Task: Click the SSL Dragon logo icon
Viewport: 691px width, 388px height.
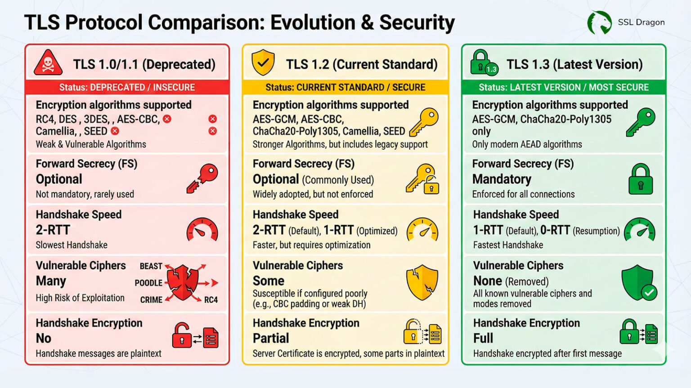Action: [x=600, y=22]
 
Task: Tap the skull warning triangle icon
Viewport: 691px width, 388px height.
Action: [x=48, y=63]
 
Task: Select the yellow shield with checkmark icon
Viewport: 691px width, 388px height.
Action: [x=263, y=62]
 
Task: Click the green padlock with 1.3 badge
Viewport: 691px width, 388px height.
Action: [x=483, y=63]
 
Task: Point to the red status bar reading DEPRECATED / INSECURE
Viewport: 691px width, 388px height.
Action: [x=127, y=87]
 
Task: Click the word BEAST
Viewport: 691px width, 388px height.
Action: [x=151, y=266]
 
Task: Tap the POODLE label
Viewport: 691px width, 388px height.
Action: [x=148, y=283]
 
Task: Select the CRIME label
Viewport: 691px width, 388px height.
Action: [x=151, y=300]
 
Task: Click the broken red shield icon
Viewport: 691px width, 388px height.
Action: [x=182, y=282]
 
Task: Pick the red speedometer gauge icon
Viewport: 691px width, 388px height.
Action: [x=202, y=230]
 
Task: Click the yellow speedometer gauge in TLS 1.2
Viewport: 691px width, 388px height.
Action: [x=422, y=230]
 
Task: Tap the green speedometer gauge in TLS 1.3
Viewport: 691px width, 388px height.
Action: [x=640, y=230]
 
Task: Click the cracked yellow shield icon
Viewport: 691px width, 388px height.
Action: [x=422, y=282]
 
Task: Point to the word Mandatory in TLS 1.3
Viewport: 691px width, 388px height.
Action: [x=502, y=179]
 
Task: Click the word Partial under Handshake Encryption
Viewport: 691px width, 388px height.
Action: [x=271, y=338]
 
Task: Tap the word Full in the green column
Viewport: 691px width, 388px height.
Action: [x=483, y=338]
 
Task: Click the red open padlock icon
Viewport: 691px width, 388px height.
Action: [x=182, y=335]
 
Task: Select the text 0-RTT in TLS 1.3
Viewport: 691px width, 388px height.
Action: [x=555, y=231]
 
